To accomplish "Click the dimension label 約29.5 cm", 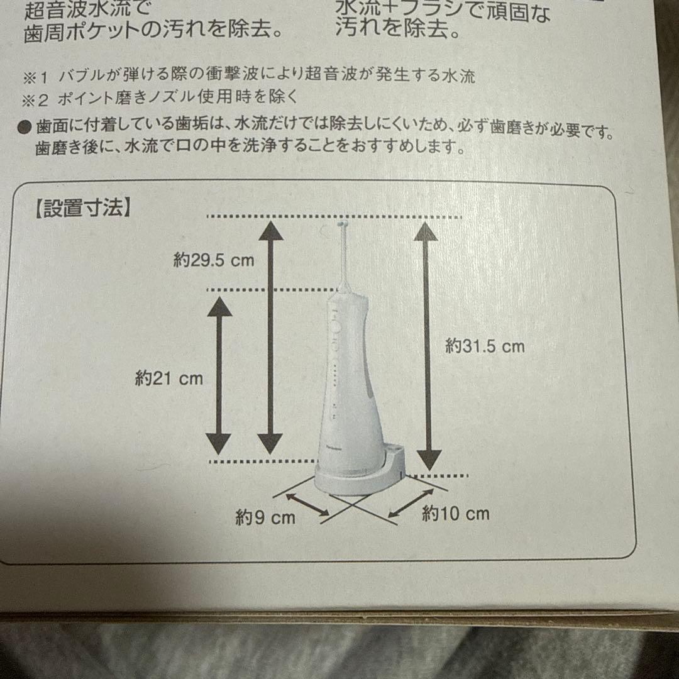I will (x=214, y=260).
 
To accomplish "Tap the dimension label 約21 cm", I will (x=170, y=378).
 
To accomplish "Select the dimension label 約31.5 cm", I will (x=485, y=346).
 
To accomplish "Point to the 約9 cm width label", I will (x=265, y=517).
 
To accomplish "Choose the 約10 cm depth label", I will (x=456, y=514).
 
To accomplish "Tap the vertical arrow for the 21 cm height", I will (x=219, y=375).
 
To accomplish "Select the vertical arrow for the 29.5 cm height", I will (x=270, y=337).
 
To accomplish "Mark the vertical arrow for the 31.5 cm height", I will (x=428, y=346).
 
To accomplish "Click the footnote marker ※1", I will (x=35, y=77).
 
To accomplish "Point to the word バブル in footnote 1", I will (x=79, y=77).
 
